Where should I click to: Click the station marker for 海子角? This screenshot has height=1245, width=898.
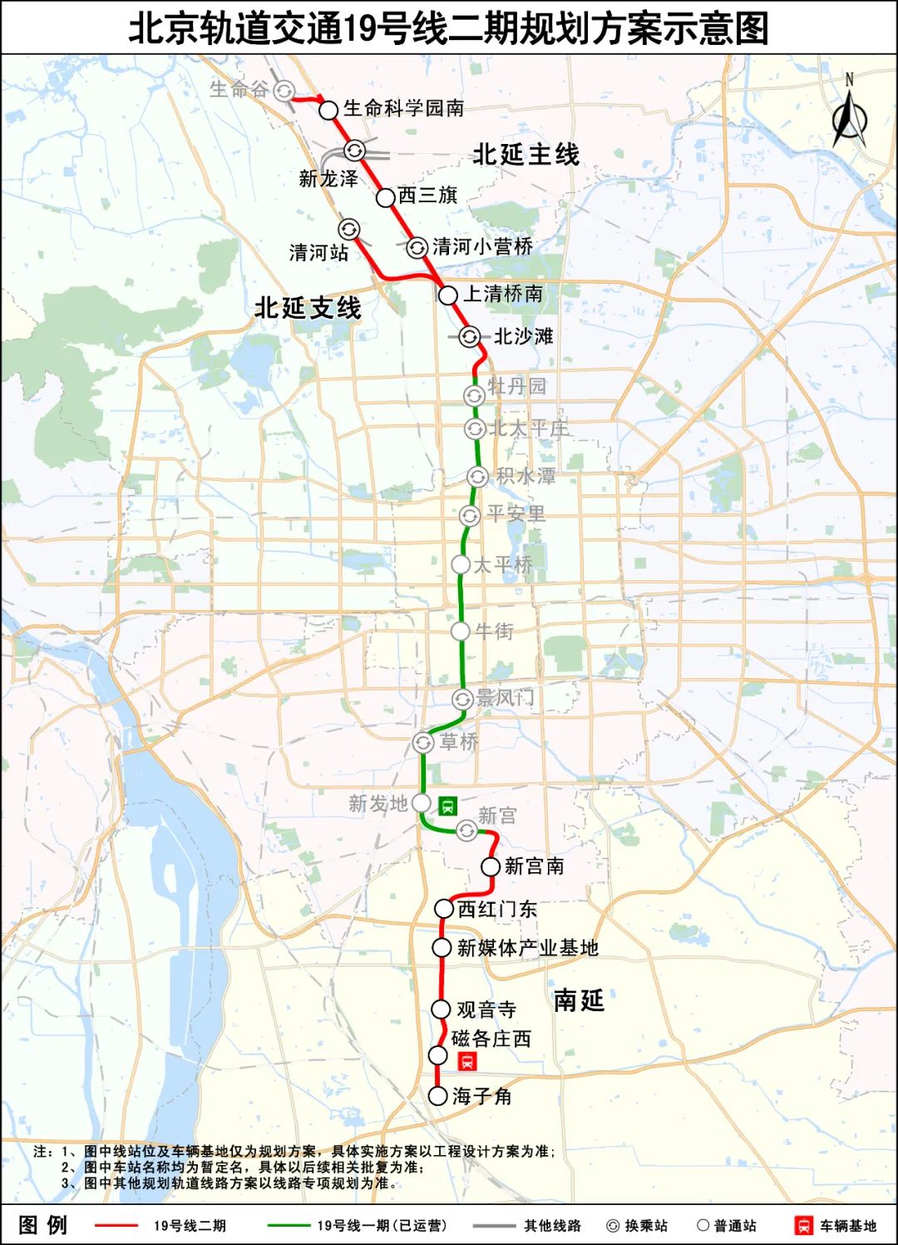tap(438, 1096)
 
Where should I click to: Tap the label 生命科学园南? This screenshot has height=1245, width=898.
tap(403, 108)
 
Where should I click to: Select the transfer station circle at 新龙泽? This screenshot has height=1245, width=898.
tap(355, 151)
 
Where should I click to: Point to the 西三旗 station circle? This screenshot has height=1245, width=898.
tap(385, 197)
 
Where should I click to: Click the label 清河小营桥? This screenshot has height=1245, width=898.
tap(482, 246)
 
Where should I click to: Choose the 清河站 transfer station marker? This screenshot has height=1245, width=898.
tap(349, 229)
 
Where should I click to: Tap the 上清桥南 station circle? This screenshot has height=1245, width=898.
tap(448, 295)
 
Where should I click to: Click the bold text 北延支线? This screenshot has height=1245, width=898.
tap(308, 308)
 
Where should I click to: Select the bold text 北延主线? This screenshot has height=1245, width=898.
tap(525, 155)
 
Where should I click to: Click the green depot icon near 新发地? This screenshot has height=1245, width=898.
tap(448, 805)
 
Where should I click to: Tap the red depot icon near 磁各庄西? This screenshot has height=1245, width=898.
tap(467, 1060)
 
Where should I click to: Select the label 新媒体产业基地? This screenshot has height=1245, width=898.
tap(527, 948)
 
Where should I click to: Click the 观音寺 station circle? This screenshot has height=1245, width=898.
tap(442, 1009)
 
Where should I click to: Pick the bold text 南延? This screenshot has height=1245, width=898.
tap(579, 1000)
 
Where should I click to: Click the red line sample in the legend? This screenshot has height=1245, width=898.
tap(116, 1225)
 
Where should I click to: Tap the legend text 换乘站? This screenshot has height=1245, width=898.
tap(646, 1226)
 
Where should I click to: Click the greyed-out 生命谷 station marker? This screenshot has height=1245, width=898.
tap(285, 91)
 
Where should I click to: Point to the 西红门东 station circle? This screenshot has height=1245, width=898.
tap(445, 909)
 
